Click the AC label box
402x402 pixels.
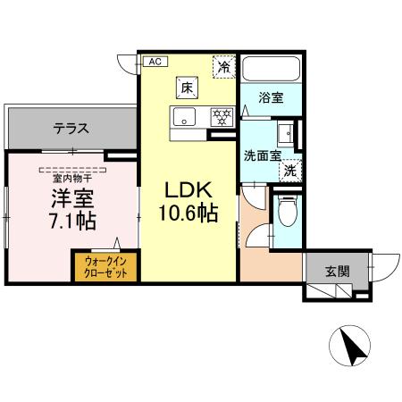point(154,62)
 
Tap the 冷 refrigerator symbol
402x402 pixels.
point(223,65)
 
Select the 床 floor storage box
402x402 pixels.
point(186,88)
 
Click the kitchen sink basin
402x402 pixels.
point(184,115)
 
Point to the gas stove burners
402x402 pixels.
point(221,115)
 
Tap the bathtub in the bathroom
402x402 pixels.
point(272,69)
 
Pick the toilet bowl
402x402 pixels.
point(287,214)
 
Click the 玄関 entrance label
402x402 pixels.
point(337,272)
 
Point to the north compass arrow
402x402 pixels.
point(351,347)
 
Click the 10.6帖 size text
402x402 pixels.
point(186,214)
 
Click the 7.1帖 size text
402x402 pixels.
point(71,221)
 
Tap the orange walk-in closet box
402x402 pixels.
point(105,266)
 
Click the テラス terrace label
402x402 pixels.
point(70,128)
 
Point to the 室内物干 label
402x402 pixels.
point(71,177)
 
